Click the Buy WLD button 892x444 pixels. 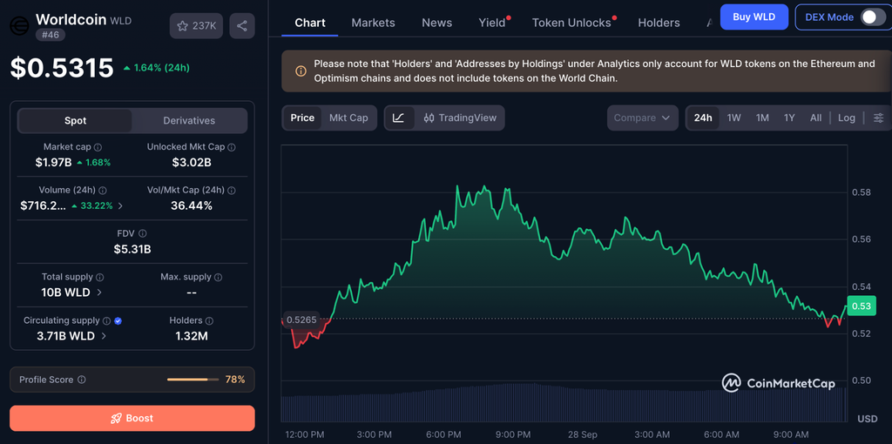(753, 17)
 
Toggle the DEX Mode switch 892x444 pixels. (872, 17)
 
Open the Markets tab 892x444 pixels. (373, 23)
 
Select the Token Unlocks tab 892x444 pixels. (571, 23)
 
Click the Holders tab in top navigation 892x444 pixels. (659, 23)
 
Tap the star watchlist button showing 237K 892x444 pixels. (196, 25)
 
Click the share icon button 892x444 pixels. (242, 25)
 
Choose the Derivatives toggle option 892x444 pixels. (189, 120)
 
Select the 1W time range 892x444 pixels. (733, 118)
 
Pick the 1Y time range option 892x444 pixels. (789, 118)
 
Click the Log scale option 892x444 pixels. (847, 118)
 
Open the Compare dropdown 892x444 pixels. (642, 118)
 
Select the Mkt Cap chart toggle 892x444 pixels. (348, 118)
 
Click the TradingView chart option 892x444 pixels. (460, 118)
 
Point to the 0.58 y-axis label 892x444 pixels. (862, 192)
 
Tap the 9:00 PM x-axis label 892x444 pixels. (512, 435)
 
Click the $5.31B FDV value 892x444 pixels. (132, 249)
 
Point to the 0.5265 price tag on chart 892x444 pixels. (301, 320)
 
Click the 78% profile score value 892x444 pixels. (235, 380)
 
